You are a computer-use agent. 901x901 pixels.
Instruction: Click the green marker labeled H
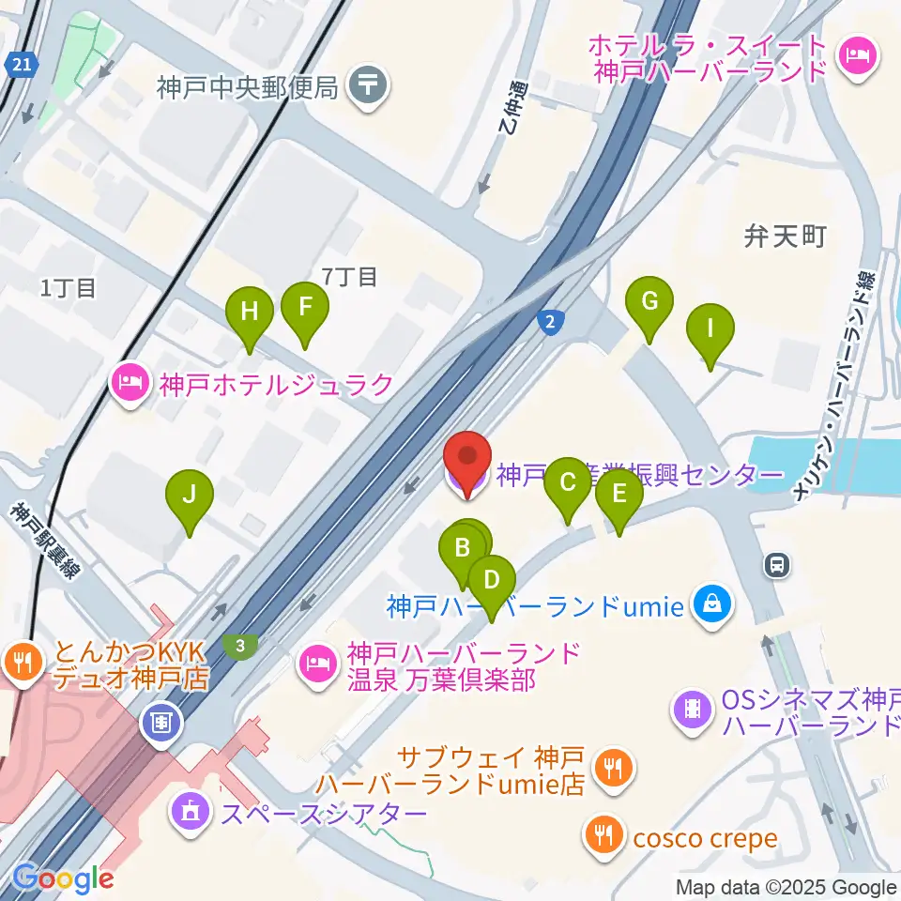tap(249, 311)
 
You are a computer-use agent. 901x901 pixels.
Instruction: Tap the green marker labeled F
tap(305, 307)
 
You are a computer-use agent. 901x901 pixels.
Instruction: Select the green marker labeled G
tap(649, 301)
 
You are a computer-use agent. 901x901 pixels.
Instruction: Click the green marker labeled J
tap(190, 494)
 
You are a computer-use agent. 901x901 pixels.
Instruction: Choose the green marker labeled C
tap(568, 482)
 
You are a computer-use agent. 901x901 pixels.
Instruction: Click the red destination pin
tap(466, 460)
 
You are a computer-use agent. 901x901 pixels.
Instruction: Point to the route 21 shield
tap(20, 65)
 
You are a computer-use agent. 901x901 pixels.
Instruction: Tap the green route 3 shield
tap(241, 646)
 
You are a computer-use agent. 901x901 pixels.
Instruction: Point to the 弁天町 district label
tap(785, 236)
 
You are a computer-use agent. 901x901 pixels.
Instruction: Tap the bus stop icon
tap(775, 564)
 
